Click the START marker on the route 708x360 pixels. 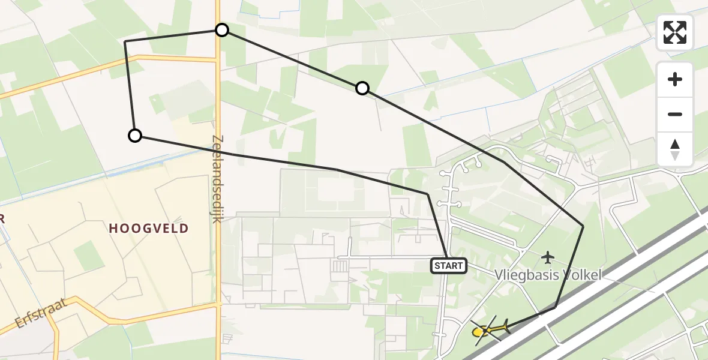(x=448, y=265)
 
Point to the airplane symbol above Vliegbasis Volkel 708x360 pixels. (x=547, y=257)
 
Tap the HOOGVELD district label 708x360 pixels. (x=149, y=228)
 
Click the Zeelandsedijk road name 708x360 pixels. (x=217, y=178)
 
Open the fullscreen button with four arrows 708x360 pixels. (x=675, y=32)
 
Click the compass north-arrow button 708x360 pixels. (x=675, y=149)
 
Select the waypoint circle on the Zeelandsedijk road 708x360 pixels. (x=222, y=30)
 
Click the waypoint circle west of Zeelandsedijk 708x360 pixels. (x=135, y=136)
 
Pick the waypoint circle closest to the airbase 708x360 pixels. (x=362, y=89)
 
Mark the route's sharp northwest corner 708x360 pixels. (x=125, y=42)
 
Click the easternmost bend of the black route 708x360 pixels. (x=583, y=226)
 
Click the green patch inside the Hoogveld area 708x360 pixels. (x=89, y=255)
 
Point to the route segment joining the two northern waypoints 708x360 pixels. (x=292, y=59)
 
